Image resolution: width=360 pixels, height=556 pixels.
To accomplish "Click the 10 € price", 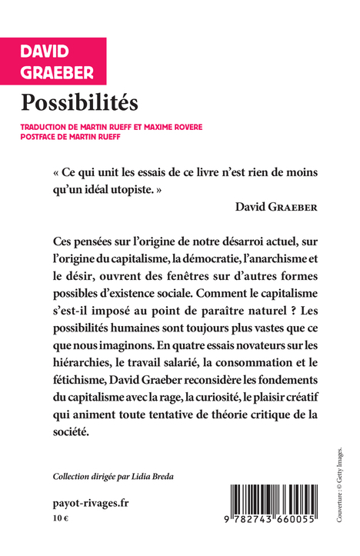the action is coord(60,519).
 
